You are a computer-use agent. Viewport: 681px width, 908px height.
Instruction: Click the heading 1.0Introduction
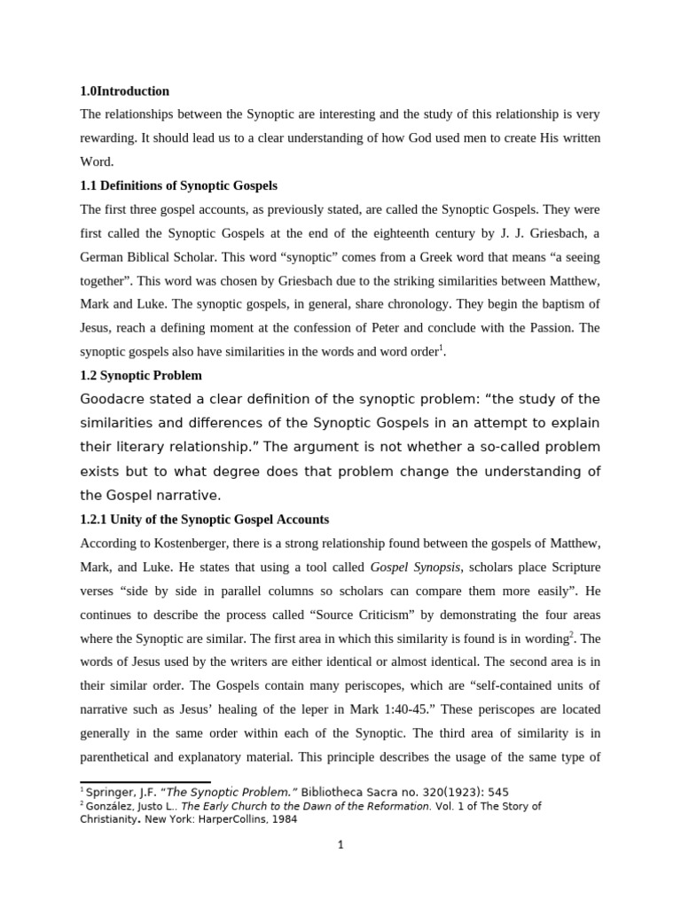[x=124, y=91]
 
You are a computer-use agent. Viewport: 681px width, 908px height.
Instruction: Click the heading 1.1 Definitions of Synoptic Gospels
[x=178, y=186]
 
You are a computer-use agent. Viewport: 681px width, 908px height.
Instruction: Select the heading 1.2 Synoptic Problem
[x=141, y=375]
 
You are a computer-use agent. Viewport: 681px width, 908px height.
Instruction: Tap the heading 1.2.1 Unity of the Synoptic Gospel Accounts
[x=204, y=520]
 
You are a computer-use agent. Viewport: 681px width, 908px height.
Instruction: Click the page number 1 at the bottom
[x=340, y=845]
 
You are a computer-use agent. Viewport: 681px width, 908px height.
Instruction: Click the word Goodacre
[x=113, y=398]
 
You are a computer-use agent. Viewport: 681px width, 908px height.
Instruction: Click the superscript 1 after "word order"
[x=441, y=348]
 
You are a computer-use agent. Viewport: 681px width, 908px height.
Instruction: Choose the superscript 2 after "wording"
[x=571, y=634]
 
